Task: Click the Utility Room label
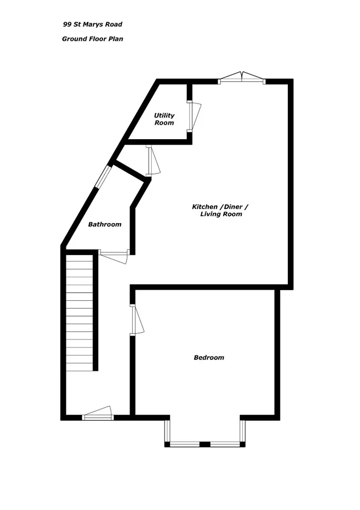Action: pyautogui.click(x=164, y=119)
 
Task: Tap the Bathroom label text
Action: pyautogui.click(x=105, y=224)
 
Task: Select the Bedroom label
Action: pyautogui.click(x=209, y=358)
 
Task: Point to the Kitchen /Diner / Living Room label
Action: pyautogui.click(x=220, y=210)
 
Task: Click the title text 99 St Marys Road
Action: pyautogui.click(x=93, y=24)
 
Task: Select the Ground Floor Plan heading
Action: pyautogui.click(x=93, y=39)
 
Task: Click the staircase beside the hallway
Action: pyautogui.click(x=80, y=312)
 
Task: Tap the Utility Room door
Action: pyautogui.click(x=194, y=117)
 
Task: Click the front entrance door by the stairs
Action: pyautogui.click(x=98, y=413)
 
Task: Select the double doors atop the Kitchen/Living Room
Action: pyautogui.click(x=242, y=78)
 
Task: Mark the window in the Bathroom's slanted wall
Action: pyautogui.click(x=104, y=177)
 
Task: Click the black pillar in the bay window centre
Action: pyautogui.click(x=204, y=444)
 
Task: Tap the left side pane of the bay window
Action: pyautogui.click(x=167, y=431)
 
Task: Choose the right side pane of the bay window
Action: pyautogui.click(x=242, y=431)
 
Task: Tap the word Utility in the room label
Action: pyautogui.click(x=164, y=115)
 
